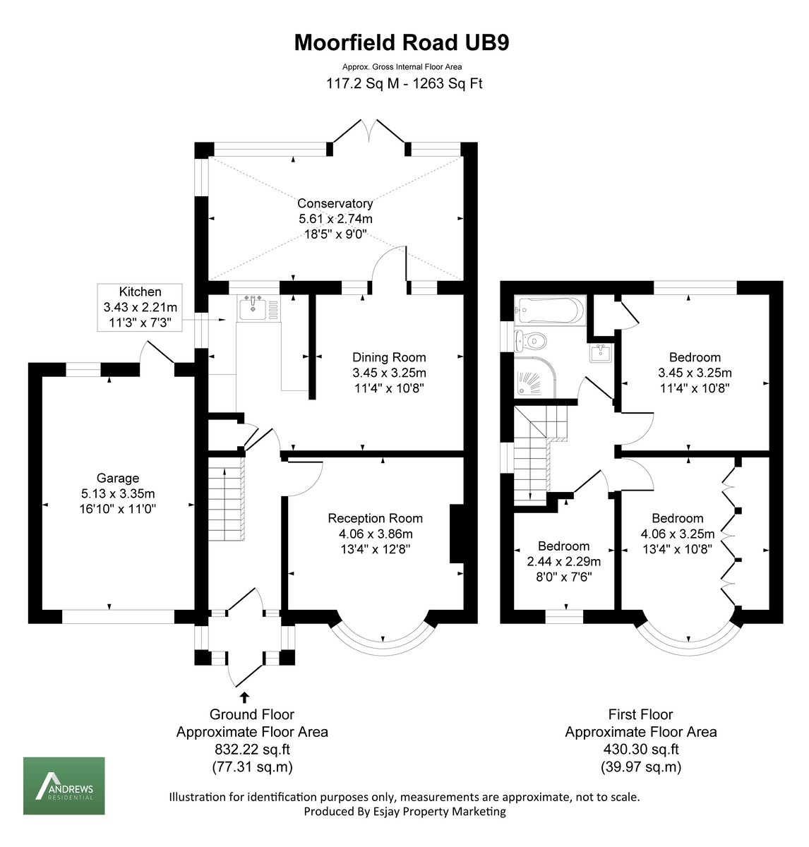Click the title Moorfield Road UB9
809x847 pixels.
pos(401,43)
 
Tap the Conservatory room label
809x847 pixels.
pos(335,203)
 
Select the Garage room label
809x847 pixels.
pos(118,478)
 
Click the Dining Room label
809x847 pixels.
pos(389,357)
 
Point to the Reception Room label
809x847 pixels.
pos(375,518)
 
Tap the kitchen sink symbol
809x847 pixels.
pos(252,308)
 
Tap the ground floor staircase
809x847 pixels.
pos(226,498)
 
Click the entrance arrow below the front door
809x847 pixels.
pos(244,697)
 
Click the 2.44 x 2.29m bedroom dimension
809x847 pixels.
pos(563,562)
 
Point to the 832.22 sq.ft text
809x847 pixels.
pos(252,750)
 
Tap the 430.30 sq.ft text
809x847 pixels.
pos(640,750)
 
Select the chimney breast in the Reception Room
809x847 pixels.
pos(457,534)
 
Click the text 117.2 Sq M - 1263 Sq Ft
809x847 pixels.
pos(403,83)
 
